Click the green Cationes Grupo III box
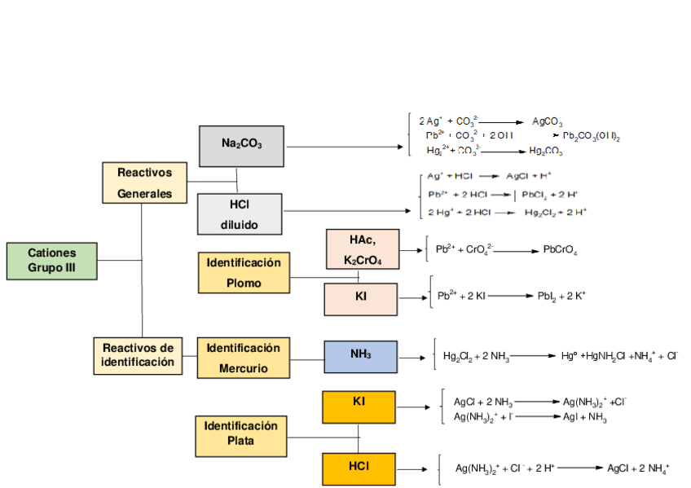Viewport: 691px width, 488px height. click(51, 261)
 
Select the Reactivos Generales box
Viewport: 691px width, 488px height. click(144, 182)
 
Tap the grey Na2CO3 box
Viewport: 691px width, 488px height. click(241, 146)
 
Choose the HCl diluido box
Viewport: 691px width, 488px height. click(239, 214)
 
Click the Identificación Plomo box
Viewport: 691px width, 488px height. click(244, 272)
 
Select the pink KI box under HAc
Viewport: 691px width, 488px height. click(360, 299)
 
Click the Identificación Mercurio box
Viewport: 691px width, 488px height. click(243, 358)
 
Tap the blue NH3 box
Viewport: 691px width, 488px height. click(361, 356)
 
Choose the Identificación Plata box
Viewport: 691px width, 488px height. click(241, 435)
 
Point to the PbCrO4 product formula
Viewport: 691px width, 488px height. click(560, 250)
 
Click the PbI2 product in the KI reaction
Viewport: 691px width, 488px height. click(546, 296)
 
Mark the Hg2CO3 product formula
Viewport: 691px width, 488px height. click(545, 152)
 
